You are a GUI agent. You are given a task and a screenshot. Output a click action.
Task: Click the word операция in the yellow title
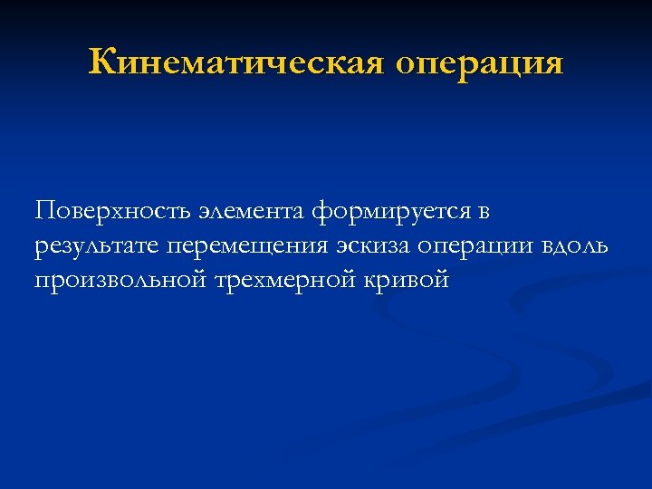click(480, 65)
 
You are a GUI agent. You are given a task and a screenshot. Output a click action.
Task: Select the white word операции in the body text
click(475, 247)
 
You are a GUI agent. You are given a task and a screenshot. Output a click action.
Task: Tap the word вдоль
click(577, 246)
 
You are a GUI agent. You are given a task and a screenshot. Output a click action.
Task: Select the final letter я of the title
click(552, 65)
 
